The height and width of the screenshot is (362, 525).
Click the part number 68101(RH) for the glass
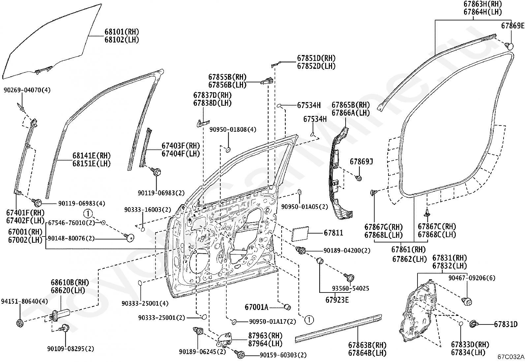tap(122, 32)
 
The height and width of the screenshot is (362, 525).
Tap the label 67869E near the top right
tap(512, 25)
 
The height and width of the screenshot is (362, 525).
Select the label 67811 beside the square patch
tap(333, 233)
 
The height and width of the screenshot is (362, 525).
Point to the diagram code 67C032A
tap(511, 357)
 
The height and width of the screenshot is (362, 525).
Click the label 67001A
tap(256, 307)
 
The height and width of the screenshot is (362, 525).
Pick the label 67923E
tap(337, 300)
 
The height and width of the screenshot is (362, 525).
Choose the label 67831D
tap(506, 324)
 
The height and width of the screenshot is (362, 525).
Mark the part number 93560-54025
tap(350, 289)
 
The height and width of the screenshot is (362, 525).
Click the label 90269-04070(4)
tap(27, 90)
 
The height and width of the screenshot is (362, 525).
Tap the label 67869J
tap(361, 162)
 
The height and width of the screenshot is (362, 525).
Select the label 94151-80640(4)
tap(24, 301)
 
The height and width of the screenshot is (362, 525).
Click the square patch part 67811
tap(300, 234)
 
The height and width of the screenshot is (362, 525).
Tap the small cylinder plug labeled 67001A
tap(287, 307)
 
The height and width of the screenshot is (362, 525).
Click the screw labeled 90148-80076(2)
tap(130, 237)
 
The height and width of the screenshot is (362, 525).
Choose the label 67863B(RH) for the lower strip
tap(367, 345)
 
